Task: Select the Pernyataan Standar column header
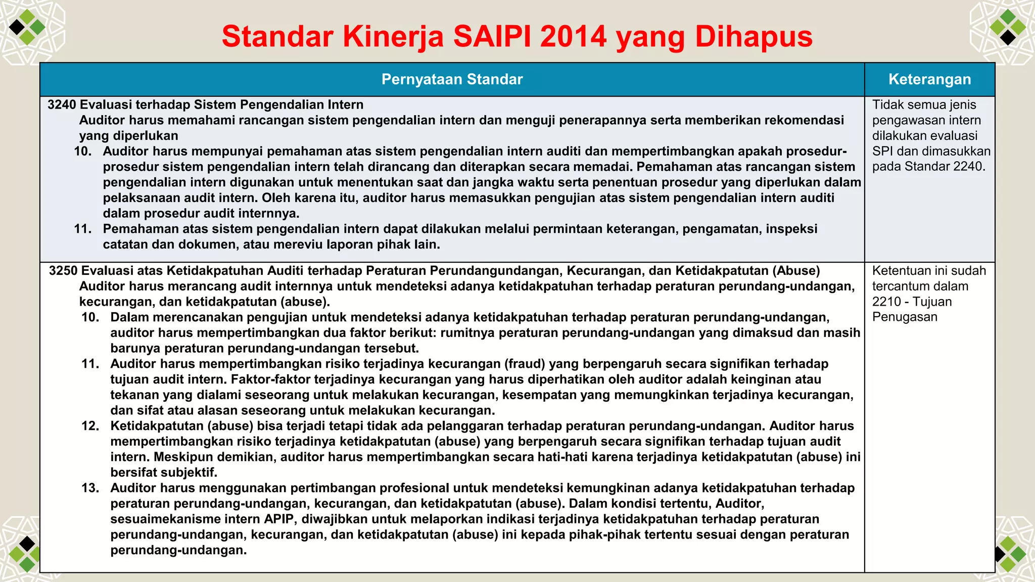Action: tap(452, 79)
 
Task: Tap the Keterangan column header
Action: tap(929, 79)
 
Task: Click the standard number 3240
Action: tap(62, 105)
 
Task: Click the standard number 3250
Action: tap(63, 271)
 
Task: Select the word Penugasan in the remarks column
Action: tap(905, 317)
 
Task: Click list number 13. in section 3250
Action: tap(90, 488)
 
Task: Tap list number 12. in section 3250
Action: tap(90, 426)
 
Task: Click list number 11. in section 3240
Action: tap(83, 229)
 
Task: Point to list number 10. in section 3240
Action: tap(83, 151)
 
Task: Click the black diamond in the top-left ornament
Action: tap(17, 26)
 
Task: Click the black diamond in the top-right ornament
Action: tap(1008, 37)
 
